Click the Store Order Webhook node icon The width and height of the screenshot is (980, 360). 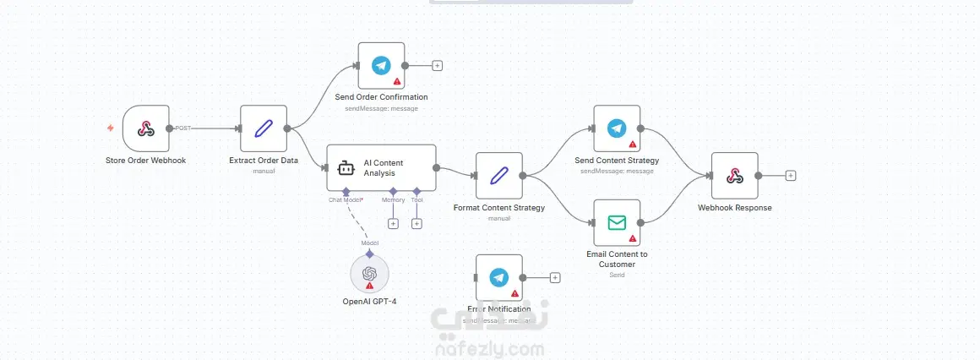pos(145,128)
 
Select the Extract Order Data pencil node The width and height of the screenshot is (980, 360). pos(264,128)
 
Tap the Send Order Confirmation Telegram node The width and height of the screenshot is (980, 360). pos(381,65)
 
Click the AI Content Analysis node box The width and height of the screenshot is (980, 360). pos(381,167)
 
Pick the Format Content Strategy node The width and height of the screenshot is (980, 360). pos(498,176)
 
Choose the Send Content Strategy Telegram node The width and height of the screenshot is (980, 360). pos(617,128)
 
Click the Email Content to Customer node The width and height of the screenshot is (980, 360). pos(617,222)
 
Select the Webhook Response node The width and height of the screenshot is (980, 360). pos(734,176)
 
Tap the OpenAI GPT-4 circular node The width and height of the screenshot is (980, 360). pos(369,274)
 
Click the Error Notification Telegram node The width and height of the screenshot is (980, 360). pos(498,277)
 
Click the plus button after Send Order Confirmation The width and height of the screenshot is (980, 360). pos(437,65)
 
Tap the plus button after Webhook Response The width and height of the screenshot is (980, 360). pos(791,176)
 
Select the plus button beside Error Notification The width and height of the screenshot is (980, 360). pos(555,277)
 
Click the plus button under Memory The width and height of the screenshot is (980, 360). pos(393,223)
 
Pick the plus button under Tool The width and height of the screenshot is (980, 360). pos(416,223)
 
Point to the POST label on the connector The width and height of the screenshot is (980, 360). pos(182,128)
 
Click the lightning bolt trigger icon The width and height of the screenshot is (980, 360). pos(111,128)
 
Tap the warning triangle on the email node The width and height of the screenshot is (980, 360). pos(632,239)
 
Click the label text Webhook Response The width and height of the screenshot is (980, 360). pos(734,207)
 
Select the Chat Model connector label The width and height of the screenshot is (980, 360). pos(346,200)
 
